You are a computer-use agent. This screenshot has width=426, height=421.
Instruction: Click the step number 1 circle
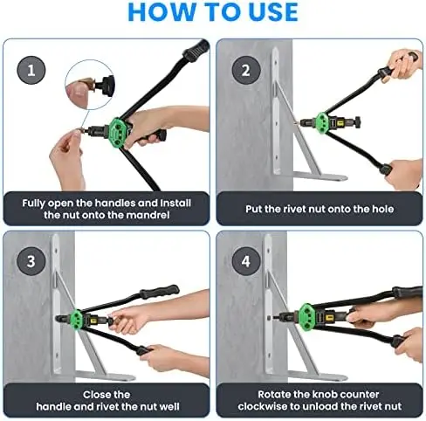31,70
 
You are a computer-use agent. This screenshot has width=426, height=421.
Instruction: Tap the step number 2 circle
246,70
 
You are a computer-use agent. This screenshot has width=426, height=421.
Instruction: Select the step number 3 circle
31,260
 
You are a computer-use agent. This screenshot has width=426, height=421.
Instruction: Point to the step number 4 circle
246,260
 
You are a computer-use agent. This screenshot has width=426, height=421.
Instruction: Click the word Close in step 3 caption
94,395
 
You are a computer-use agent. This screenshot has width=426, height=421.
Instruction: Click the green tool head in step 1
120,133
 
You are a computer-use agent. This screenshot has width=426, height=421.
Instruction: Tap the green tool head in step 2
322,122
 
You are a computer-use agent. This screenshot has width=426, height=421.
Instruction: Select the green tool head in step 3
77,320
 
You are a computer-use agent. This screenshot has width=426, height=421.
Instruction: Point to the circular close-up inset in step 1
90,85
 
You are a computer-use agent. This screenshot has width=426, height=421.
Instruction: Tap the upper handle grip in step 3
159,291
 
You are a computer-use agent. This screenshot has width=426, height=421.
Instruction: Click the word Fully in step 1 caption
34,204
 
